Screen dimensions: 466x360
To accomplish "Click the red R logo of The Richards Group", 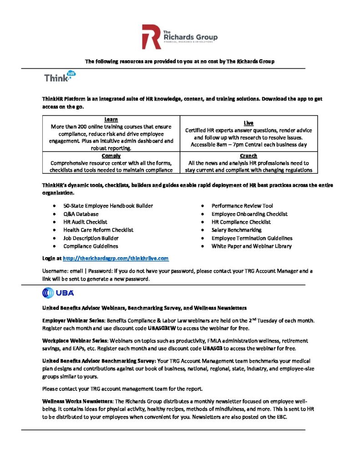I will (x=151, y=37).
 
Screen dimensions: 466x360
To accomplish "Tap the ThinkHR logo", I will (x=60, y=76).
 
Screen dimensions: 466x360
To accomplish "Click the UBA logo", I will (x=58, y=293).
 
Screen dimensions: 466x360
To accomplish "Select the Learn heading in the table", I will (x=111, y=119).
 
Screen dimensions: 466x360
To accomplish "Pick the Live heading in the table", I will (x=248, y=123).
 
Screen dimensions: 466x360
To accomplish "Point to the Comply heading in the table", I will (x=111, y=156).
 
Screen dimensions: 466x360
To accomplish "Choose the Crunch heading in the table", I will (x=248, y=156).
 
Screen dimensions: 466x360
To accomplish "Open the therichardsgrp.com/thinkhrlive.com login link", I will (x=116, y=258).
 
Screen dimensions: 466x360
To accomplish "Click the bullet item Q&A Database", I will (x=81, y=214).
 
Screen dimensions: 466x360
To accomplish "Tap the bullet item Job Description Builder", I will (x=91, y=238).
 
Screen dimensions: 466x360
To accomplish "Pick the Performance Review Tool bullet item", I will (x=242, y=206).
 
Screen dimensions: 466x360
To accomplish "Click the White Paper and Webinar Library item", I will (x=252, y=246).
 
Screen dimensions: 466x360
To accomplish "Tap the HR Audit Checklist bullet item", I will (x=85, y=222).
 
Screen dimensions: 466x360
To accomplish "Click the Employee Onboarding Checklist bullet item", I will (x=249, y=214).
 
